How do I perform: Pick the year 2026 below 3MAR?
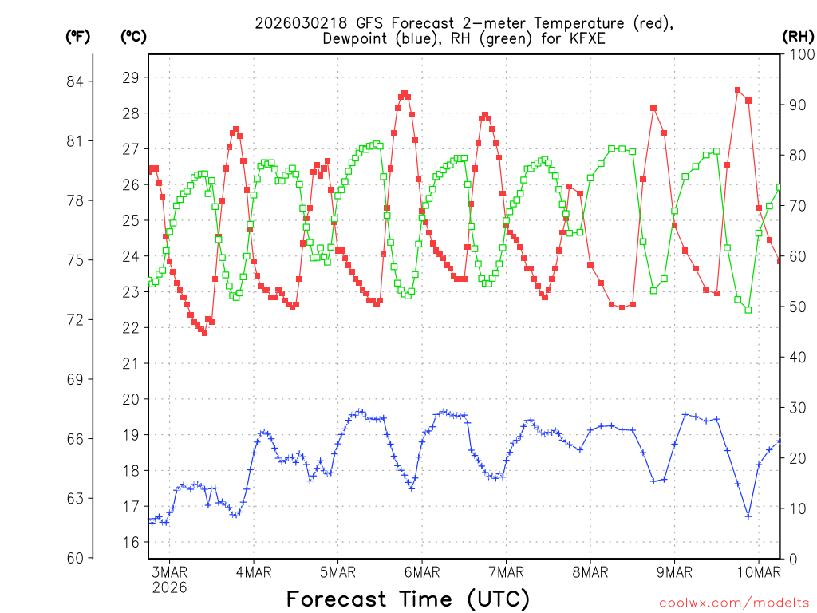click(x=170, y=587)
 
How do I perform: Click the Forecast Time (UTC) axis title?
click(x=408, y=599)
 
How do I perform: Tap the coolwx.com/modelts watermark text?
click(x=733, y=601)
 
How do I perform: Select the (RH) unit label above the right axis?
click(x=797, y=35)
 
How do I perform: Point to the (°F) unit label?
click(x=79, y=35)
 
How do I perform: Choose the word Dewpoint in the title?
click(x=357, y=38)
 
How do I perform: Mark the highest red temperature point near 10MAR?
click(x=738, y=90)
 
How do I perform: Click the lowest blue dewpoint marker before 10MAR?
click(x=748, y=516)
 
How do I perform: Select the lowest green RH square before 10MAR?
click(x=748, y=310)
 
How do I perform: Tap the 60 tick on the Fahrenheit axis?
click(x=79, y=558)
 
